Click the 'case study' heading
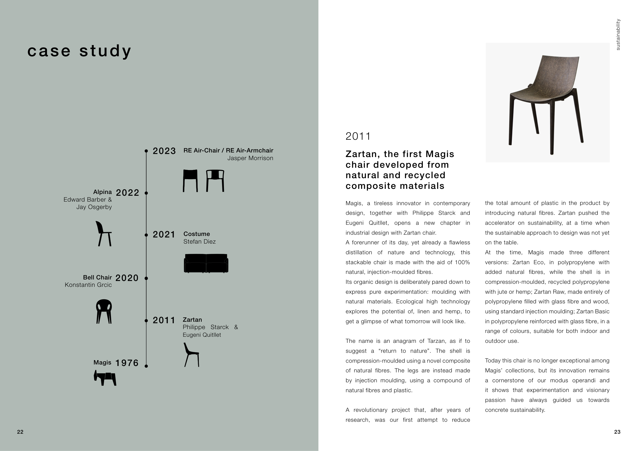click(79, 51)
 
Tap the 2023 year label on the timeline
click(164, 151)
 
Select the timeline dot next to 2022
click(146, 193)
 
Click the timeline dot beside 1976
click(146, 366)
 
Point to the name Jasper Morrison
click(250, 158)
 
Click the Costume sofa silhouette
click(206, 263)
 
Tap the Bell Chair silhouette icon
click(104, 311)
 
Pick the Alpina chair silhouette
click(104, 234)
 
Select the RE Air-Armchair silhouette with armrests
click(215, 180)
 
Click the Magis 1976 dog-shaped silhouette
click(105, 378)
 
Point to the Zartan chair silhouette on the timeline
click(191, 355)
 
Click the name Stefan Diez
click(199, 242)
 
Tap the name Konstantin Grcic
click(88, 285)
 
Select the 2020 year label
click(127, 278)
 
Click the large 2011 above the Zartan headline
click(358, 136)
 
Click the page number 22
click(20, 432)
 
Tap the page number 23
click(617, 432)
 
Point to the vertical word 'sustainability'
click(618, 34)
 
